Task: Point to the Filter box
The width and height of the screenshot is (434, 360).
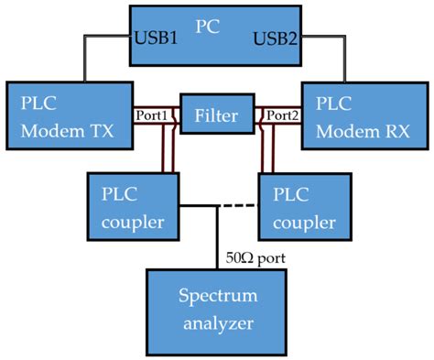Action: pos(216,116)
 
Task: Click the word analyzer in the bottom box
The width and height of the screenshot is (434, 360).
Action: pos(215,323)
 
